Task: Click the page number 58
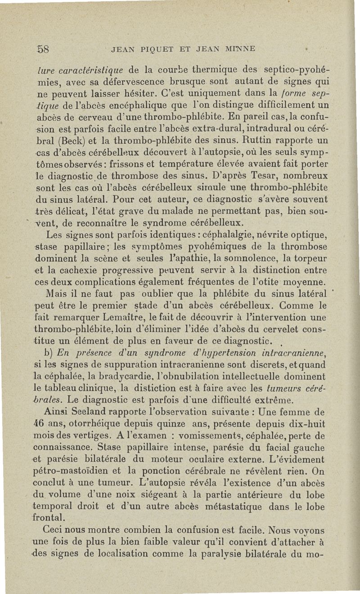[43, 48]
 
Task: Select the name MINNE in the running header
[237, 49]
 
